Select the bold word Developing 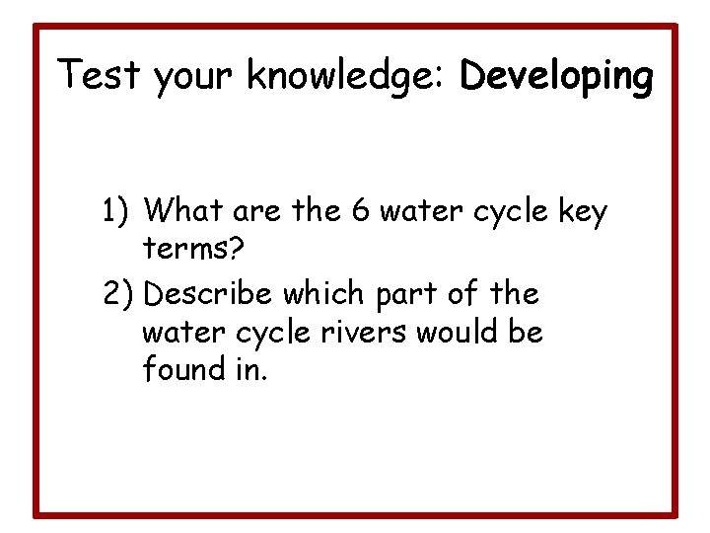[x=556, y=77]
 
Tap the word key [x=581, y=212]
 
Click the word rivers [x=359, y=333]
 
